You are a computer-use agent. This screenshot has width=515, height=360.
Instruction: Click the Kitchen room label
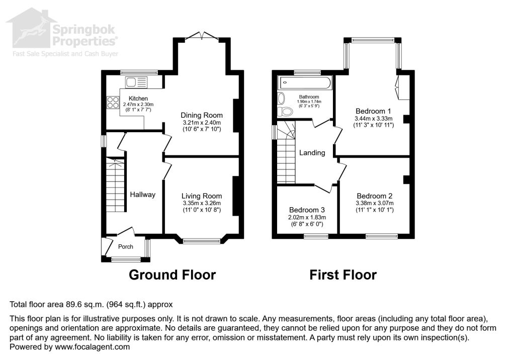click(138, 99)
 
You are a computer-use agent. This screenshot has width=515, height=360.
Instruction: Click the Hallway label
click(143, 195)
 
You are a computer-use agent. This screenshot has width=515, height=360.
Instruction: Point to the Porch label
click(126, 246)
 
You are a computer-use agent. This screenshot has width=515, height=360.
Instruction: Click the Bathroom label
click(309, 97)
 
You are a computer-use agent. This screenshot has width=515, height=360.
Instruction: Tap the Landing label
click(312, 153)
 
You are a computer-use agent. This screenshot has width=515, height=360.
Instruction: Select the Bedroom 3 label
click(307, 210)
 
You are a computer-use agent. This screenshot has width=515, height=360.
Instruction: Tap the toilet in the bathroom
click(287, 112)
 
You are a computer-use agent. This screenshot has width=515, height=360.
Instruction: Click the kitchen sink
click(136, 82)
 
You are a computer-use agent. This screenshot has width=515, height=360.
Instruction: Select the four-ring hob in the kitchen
click(112, 102)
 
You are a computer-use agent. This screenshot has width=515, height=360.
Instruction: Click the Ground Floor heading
click(172, 275)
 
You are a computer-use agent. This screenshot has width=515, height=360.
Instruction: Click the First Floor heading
click(342, 275)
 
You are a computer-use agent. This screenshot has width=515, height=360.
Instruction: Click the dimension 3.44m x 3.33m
click(374, 119)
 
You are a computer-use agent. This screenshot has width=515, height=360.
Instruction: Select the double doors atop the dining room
click(201, 36)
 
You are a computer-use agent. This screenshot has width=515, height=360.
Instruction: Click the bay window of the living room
click(201, 241)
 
